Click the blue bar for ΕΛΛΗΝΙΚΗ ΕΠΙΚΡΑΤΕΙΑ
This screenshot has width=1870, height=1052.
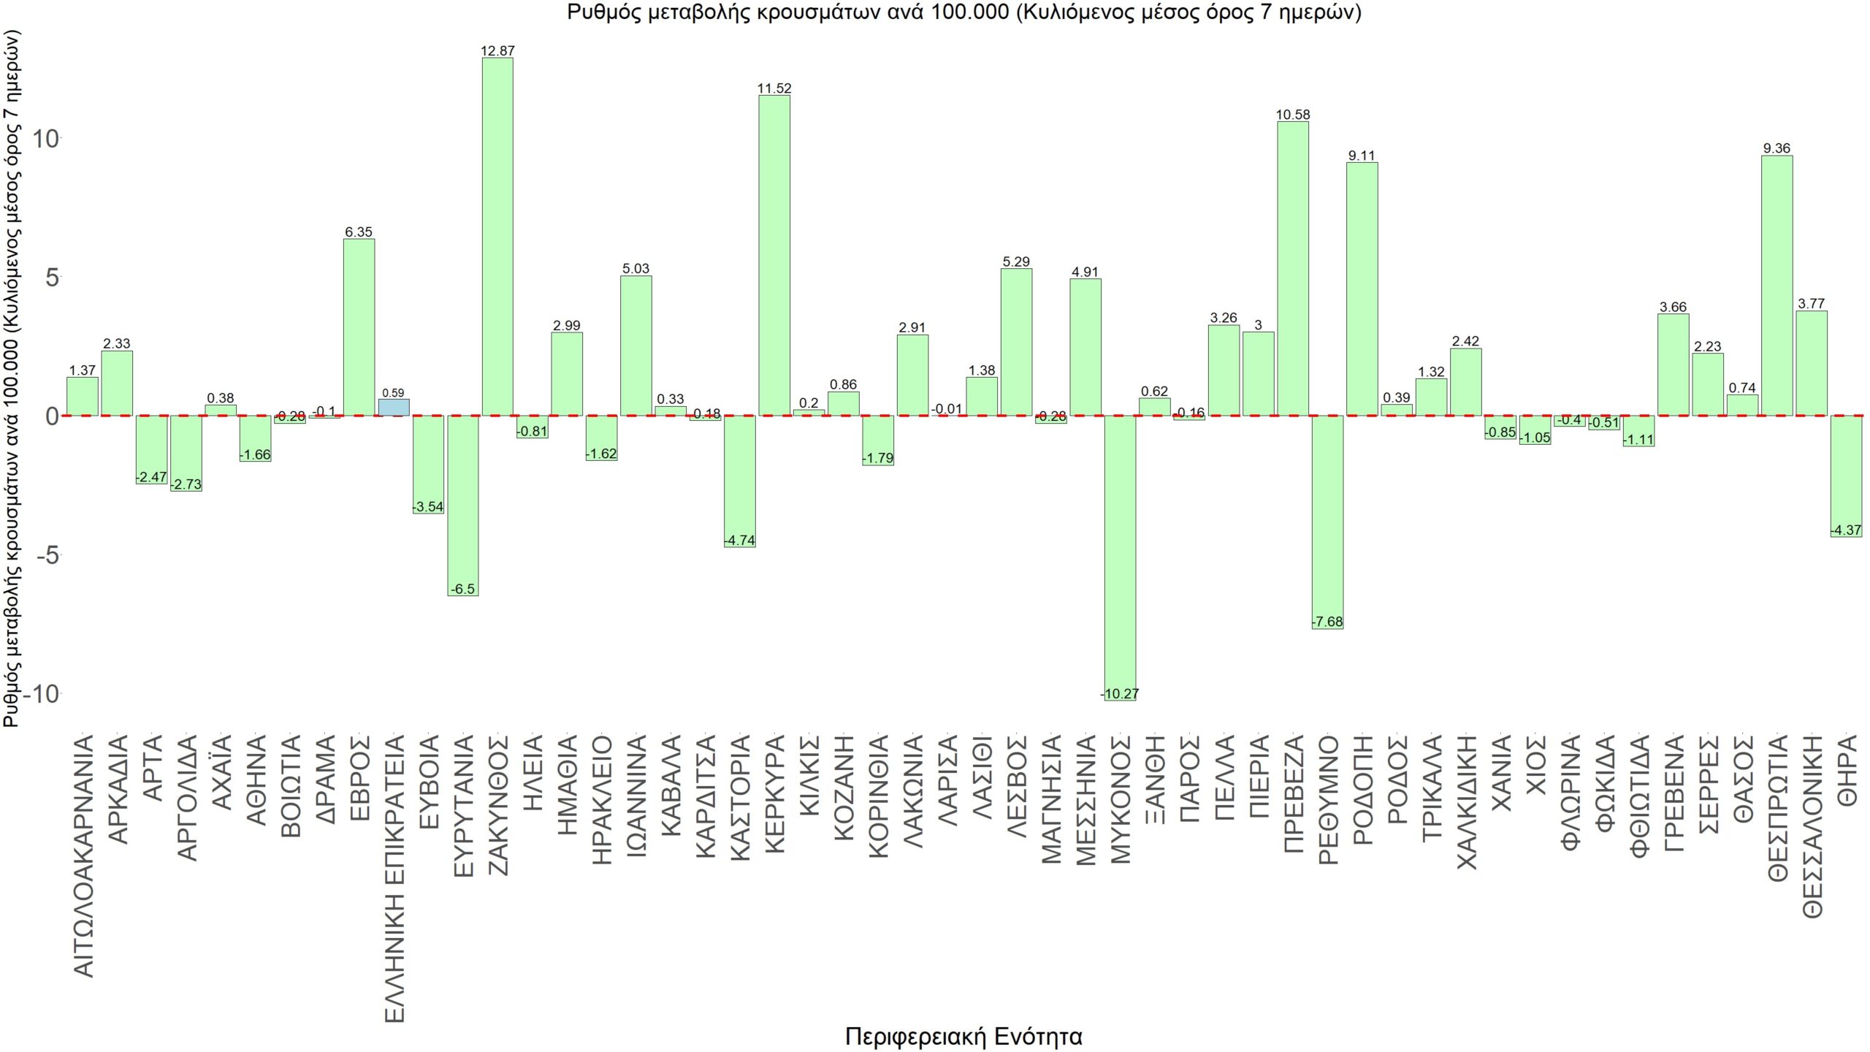(394, 408)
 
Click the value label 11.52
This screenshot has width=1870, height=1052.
(774, 88)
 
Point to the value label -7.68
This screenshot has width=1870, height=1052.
(1327, 622)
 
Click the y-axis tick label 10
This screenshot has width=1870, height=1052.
(45, 138)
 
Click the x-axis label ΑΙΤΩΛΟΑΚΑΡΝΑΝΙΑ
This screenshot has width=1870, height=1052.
(84, 855)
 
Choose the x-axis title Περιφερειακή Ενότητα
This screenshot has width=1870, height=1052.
(963, 1036)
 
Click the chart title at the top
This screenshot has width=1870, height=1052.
(963, 12)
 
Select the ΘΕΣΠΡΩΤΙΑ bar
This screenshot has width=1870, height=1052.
(1776, 285)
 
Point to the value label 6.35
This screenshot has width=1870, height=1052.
(359, 232)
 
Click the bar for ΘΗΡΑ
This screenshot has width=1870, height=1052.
(1846, 476)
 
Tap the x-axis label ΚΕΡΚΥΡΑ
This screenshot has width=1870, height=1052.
(774, 793)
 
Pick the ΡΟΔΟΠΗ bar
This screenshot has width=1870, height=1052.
(1362, 289)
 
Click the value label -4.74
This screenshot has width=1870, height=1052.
(740, 541)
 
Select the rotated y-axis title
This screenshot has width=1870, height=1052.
(12, 378)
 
